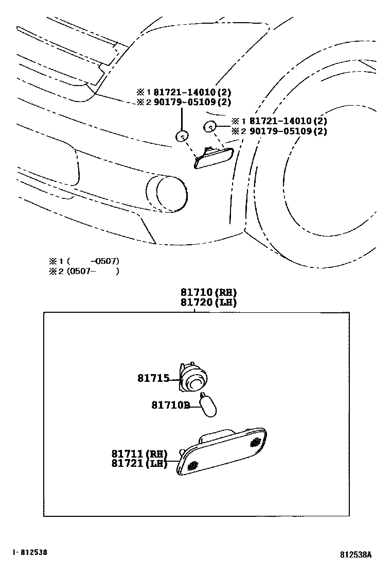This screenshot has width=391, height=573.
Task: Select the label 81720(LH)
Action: click(208, 303)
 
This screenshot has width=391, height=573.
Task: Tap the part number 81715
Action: click(153, 378)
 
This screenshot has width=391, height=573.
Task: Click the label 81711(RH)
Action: click(139, 454)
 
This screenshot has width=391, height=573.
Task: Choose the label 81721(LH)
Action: click(139, 463)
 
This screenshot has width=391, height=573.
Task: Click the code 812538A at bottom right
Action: click(355, 555)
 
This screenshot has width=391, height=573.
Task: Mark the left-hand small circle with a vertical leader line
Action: click(182, 137)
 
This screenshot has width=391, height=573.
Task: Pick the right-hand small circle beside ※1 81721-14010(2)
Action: click(210, 126)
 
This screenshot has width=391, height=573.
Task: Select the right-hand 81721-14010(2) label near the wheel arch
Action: click(288, 121)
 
